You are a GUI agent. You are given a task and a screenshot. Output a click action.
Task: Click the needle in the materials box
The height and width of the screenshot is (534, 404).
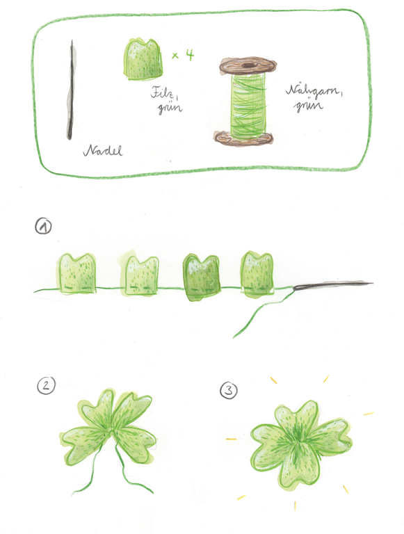(x=70, y=90)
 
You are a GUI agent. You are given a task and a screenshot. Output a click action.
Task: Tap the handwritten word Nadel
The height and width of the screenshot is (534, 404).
(x=103, y=150)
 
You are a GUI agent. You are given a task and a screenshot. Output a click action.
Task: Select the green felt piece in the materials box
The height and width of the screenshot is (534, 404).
(x=143, y=59)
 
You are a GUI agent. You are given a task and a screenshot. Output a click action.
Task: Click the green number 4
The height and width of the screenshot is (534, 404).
(x=189, y=54)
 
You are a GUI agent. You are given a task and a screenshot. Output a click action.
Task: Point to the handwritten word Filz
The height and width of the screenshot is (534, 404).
(x=164, y=92)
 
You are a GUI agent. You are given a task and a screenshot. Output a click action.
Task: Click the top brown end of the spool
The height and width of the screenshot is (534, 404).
(x=248, y=65)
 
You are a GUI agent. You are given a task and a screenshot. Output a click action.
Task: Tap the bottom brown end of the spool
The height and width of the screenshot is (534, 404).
(x=243, y=138)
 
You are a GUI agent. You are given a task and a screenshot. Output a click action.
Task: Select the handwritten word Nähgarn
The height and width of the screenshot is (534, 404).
(x=313, y=91)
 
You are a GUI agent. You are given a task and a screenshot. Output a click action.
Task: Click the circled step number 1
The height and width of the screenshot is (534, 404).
(x=43, y=227)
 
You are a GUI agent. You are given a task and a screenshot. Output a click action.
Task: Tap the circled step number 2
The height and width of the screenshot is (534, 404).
(x=46, y=385)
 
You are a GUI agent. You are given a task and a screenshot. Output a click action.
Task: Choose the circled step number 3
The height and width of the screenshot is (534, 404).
(x=229, y=390)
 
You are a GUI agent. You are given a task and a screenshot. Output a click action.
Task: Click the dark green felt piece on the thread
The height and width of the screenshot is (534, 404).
(x=201, y=277)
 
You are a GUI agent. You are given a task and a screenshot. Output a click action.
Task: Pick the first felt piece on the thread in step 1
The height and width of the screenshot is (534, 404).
(x=76, y=273)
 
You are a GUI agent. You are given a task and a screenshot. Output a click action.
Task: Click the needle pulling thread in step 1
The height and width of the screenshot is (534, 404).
(x=333, y=284)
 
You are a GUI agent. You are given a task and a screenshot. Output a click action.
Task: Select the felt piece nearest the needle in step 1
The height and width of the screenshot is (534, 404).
(x=257, y=274)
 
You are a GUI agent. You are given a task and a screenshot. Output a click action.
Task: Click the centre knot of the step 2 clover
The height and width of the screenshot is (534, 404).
(x=113, y=432)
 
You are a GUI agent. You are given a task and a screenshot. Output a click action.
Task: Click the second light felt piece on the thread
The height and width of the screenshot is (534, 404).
(x=140, y=275)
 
